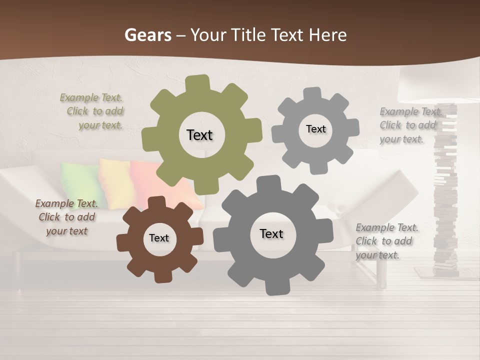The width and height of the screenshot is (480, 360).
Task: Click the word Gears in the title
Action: coord(147,35)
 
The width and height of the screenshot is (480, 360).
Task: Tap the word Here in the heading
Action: coord(327,35)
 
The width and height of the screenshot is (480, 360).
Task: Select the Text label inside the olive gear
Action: coord(199,135)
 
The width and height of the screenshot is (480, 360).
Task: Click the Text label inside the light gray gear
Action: coord(315,129)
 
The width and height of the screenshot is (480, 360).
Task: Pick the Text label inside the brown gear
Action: coord(159,238)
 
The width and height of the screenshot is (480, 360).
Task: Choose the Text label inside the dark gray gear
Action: coord(271,233)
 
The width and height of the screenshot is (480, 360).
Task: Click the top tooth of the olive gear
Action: coord(197,83)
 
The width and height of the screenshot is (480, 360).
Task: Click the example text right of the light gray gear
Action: coord(410,125)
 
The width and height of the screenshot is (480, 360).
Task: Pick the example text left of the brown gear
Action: coord(66,217)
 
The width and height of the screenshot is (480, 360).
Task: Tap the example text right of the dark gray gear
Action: coord(386,241)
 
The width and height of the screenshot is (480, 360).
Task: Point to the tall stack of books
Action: coord(445,200)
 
